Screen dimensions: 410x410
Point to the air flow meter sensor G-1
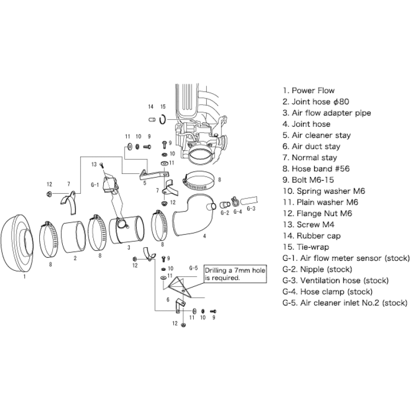110,184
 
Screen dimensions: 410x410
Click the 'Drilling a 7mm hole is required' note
228,274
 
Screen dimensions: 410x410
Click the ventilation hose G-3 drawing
250,200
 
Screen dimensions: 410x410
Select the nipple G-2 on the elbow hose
224,203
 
